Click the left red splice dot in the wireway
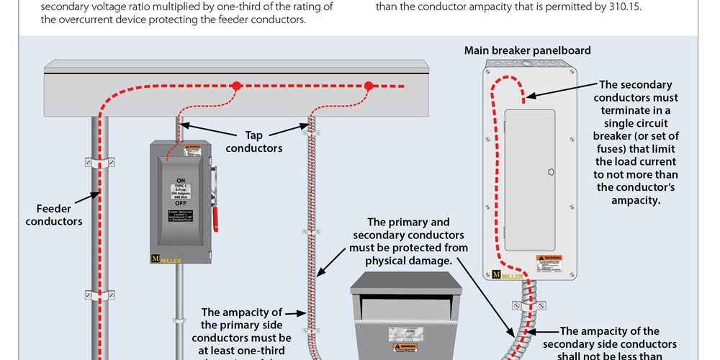coord(236,86)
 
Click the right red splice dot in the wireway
coord(368,86)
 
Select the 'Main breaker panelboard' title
coord(527,50)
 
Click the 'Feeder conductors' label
coord(54,215)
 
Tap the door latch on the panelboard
coord(551,173)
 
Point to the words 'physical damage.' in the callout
coord(408,261)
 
